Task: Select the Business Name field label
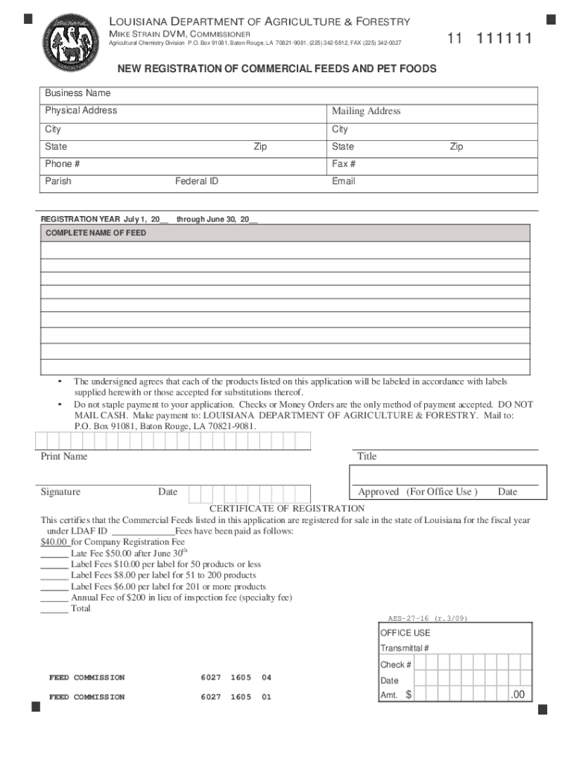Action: click(x=78, y=93)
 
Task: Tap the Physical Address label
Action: click(x=81, y=110)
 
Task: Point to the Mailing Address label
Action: click(x=366, y=111)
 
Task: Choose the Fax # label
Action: click(x=344, y=164)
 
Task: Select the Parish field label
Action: click(x=58, y=181)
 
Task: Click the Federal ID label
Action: click(x=197, y=181)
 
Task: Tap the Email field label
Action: click(x=344, y=181)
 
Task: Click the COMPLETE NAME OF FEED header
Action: click(x=96, y=233)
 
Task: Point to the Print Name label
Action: click(x=64, y=456)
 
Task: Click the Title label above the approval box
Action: click(x=367, y=456)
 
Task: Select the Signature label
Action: click(x=61, y=492)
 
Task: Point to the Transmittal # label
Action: click(x=404, y=648)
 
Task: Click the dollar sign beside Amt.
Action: click(x=409, y=695)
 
